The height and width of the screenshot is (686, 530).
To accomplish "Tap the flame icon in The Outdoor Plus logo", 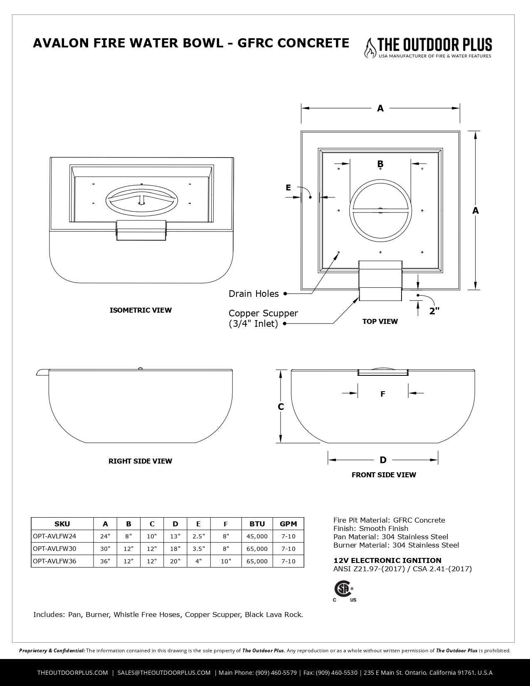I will tap(368, 48).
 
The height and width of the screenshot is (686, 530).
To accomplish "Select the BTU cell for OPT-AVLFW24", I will tap(257, 536).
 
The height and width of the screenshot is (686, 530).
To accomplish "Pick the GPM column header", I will tap(288, 524).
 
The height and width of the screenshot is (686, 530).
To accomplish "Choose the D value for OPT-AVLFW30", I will tap(175, 549).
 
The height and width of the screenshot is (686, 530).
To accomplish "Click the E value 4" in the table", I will tap(198, 561).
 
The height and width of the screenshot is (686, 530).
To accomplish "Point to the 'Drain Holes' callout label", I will tap(254, 294).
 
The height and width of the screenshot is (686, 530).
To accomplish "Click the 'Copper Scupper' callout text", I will tap(263, 313).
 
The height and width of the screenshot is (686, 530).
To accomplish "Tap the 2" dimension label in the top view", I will tap(434, 311).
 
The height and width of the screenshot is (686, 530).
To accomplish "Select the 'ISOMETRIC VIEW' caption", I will tap(141, 310).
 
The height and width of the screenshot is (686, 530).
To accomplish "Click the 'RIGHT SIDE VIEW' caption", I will tap(140, 461).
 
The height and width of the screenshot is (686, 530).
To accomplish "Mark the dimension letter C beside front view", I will tap(281, 407).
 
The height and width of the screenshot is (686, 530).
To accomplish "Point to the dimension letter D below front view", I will tap(383, 460).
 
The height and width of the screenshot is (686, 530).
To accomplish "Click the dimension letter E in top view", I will tap(288, 188).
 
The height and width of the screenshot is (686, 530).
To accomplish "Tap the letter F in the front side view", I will tap(383, 394).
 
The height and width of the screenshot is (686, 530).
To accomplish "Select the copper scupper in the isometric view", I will tap(141, 230).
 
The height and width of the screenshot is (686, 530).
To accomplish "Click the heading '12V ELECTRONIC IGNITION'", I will tap(387, 560).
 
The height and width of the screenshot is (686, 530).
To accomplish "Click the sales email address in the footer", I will tap(164, 673).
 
